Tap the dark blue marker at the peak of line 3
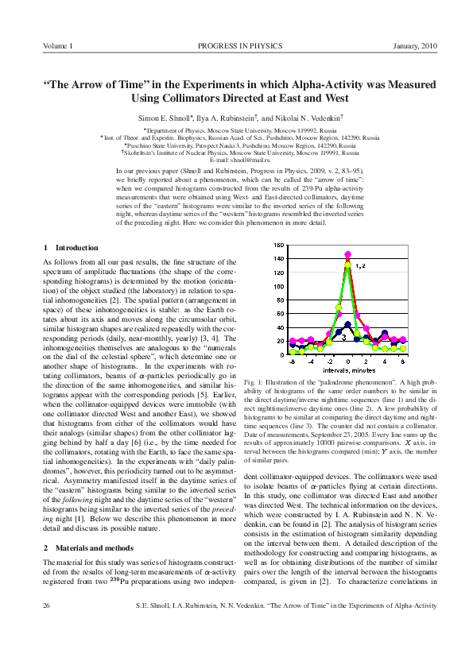pos(347,324)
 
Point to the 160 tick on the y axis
pos(277,246)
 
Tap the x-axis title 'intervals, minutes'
pos(348,369)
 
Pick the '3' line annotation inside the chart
pos(320,336)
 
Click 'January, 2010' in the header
pos(415,46)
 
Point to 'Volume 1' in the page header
pos(58,46)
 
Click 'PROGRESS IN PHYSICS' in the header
pos(236,46)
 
